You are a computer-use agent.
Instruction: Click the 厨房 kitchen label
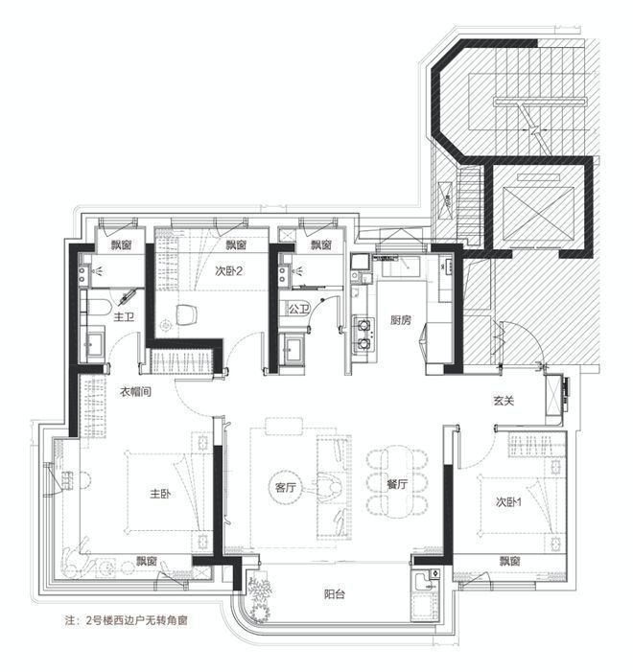[400, 320]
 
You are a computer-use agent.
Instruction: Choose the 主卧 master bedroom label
[160, 495]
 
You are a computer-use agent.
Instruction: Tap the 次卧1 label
[510, 501]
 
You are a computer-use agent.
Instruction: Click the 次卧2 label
[227, 270]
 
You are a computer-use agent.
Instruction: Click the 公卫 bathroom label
[298, 309]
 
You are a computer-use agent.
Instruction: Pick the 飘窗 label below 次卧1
[509, 561]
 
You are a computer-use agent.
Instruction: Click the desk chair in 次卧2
[188, 313]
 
